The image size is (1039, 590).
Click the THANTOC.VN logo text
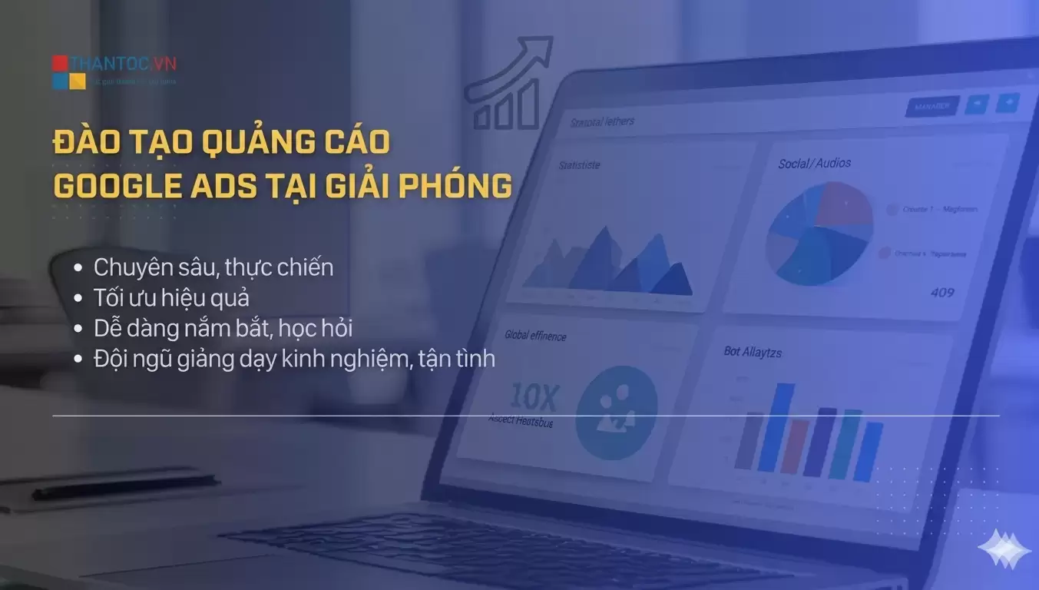[123, 63]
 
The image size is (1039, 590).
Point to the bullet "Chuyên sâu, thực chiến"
[213, 267]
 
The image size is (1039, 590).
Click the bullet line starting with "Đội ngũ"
[294, 358]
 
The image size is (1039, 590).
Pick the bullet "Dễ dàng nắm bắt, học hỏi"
[223, 328]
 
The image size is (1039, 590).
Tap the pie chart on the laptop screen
[819, 234]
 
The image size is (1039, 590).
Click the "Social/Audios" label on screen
[814, 163]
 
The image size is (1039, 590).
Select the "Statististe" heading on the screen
[579, 164]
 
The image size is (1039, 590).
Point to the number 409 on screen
[942, 292]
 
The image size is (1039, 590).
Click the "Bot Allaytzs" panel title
[753, 352]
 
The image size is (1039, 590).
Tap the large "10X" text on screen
[533, 397]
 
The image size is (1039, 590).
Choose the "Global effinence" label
[535, 335]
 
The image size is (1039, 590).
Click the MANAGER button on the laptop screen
[931, 106]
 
